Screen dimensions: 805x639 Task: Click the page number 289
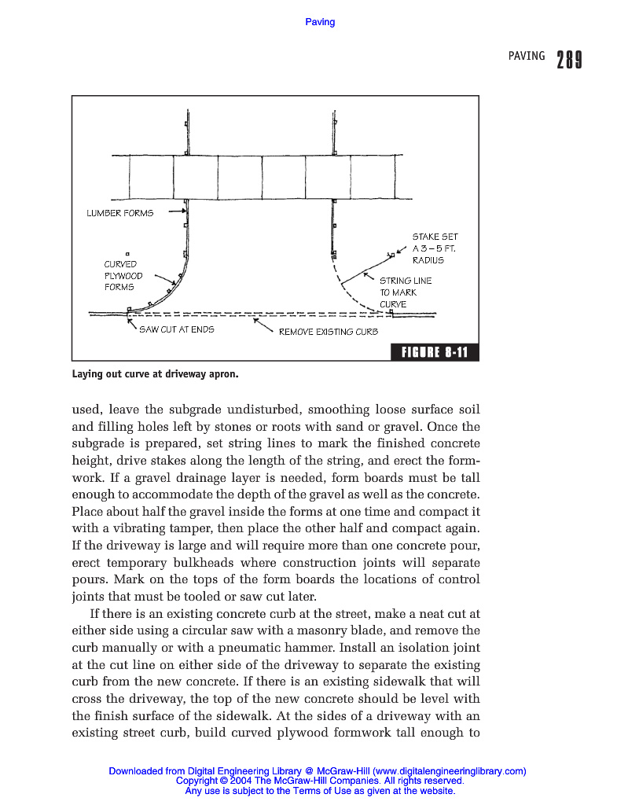click(x=569, y=60)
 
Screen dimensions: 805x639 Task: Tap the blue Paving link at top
click(x=320, y=22)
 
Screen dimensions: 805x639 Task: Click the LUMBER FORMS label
click(x=119, y=213)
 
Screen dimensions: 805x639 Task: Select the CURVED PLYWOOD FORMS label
click(x=123, y=276)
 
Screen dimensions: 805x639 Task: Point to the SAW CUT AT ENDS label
click(x=176, y=329)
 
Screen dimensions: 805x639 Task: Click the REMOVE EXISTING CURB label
click(x=328, y=332)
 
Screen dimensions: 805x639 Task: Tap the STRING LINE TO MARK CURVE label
click(x=405, y=292)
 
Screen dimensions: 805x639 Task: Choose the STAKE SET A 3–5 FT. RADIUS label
click(x=434, y=248)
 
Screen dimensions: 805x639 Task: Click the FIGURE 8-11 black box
click(x=434, y=352)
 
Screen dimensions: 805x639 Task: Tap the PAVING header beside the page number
click(x=526, y=56)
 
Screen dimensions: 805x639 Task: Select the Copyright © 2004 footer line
click(x=320, y=781)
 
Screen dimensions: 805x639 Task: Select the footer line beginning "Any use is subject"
click(x=320, y=791)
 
